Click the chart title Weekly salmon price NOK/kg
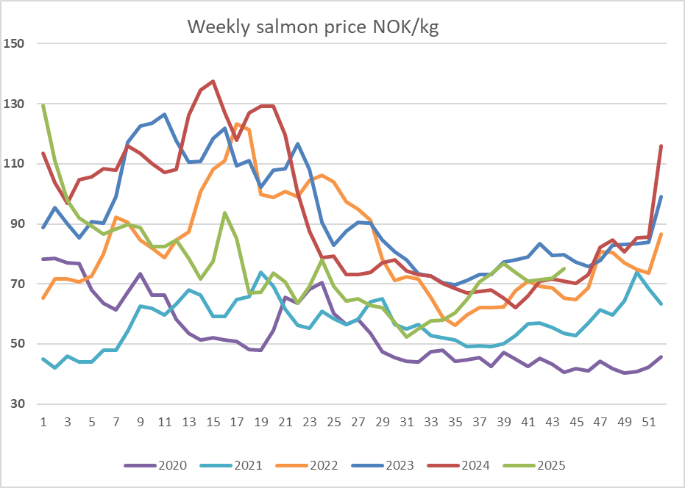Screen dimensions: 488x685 point(313,27)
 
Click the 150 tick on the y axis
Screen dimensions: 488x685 point(15,43)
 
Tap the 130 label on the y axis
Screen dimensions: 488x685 point(15,104)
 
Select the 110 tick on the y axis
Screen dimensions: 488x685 point(15,163)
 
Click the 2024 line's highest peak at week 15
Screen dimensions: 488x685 point(213,82)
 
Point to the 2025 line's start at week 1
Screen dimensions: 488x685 point(43,105)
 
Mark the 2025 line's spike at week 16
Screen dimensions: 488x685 point(224,213)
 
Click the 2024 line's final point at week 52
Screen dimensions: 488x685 point(661,146)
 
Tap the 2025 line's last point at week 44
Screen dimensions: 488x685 point(564,268)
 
